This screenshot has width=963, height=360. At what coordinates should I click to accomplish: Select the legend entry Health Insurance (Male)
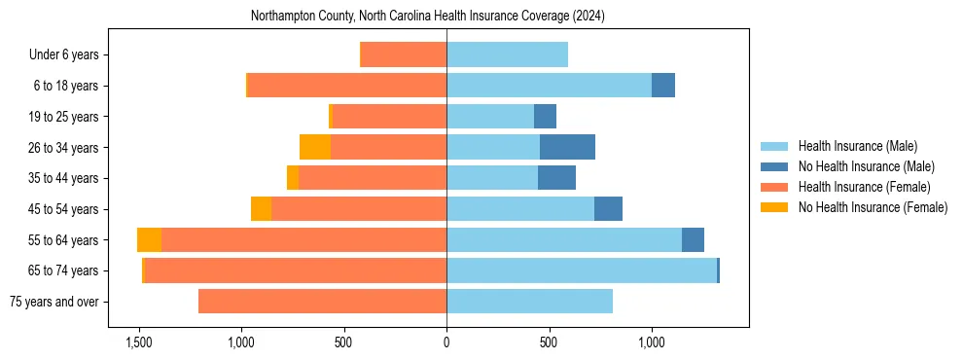[x=857, y=146]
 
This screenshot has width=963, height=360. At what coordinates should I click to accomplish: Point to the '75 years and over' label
[x=54, y=302]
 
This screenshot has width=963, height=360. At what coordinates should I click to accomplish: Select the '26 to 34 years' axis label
[x=63, y=148]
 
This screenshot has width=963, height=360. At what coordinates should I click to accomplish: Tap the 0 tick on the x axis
[x=446, y=342]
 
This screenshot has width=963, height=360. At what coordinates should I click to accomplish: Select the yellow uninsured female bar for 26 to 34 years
[x=315, y=147]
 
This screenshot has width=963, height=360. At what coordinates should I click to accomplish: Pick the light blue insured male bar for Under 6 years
[x=507, y=54]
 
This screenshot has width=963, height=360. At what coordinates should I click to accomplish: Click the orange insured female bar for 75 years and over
[x=322, y=302]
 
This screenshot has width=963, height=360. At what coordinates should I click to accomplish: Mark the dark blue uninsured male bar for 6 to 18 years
[x=663, y=86]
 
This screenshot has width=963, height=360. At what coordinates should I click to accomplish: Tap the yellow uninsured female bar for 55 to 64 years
[x=149, y=239]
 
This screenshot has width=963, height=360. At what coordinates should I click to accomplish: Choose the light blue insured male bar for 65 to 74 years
[x=581, y=270]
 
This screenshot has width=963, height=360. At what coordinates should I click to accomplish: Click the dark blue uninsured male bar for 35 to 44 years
[x=556, y=178]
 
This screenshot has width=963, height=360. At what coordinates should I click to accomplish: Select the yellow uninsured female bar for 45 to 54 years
[x=261, y=209]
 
